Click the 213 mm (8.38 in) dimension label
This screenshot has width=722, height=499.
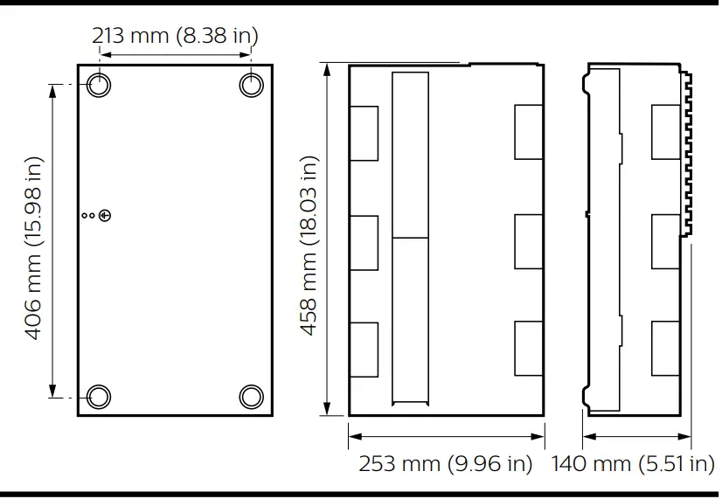click(175, 36)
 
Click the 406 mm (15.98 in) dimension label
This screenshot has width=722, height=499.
click(33, 249)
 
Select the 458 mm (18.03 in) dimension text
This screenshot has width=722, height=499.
click(309, 246)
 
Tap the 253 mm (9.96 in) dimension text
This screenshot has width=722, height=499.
click(445, 463)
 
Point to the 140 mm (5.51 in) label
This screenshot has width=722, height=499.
click(632, 463)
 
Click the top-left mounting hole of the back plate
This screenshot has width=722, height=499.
click(99, 85)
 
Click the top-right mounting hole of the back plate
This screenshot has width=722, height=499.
click(251, 85)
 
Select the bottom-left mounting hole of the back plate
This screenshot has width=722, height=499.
click(99, 396)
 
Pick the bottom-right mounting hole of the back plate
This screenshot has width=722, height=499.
click(251, 396)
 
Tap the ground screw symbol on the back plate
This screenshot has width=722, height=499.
click(106, 215)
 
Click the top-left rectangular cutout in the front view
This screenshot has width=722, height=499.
click(364, 133)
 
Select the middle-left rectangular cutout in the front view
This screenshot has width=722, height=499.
click(364, 241)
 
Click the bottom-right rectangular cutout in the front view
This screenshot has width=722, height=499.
click(529, 349)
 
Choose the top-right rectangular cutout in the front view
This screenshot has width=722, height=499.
click(529, 132)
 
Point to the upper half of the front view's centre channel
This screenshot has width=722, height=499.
click(411, 155)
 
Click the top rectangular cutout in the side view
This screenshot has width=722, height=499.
click(665, 132)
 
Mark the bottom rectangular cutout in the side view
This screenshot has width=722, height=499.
click(665, 349)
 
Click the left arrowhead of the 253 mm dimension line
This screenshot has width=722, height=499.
click(352, 435)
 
